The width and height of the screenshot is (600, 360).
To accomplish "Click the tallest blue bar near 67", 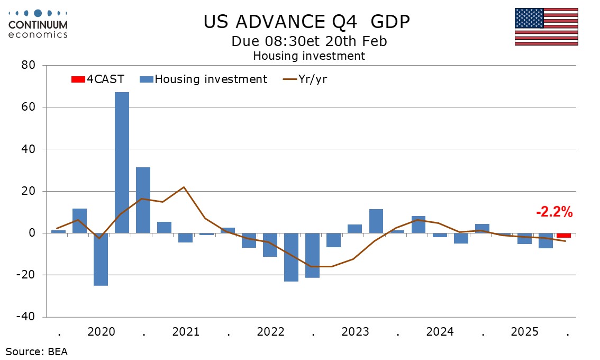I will click(122, 162).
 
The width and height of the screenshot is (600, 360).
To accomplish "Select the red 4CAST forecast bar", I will click(563, 236).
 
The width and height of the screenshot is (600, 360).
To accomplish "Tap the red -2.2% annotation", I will click(554, 213).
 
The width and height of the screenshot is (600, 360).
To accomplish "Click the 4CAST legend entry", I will click(98, 79).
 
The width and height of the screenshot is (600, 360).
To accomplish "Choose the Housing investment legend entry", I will click(204, 79).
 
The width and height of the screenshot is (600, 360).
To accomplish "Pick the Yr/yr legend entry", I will click(310, 79).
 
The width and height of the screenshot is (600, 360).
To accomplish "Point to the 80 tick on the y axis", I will click(28, 66).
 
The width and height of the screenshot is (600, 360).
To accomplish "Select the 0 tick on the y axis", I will click(31, 233).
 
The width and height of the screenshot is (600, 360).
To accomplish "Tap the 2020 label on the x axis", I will click(101, 332).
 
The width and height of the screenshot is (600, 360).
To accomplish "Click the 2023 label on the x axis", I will click(355, 332).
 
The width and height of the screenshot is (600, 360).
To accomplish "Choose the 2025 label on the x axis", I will click(524, 332).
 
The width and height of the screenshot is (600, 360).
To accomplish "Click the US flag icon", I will click(546, 26).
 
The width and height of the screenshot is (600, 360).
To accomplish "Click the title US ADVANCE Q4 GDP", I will click(307, 22).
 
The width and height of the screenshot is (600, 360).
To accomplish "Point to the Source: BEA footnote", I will click(37, 351).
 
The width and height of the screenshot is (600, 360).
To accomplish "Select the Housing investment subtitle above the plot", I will click(309, 56).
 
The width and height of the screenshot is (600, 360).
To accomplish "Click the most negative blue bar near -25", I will click(101, 259).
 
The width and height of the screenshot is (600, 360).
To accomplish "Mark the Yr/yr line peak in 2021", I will click(184, 187).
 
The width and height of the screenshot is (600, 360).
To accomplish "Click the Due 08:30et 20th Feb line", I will click(309, 41).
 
